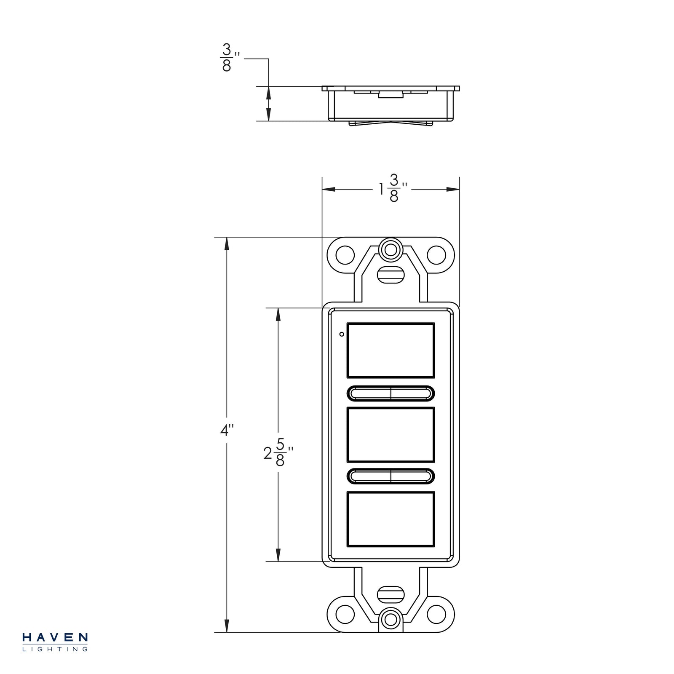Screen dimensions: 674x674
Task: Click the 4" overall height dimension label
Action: (227, 431)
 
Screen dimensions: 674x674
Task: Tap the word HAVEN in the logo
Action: (55, 637)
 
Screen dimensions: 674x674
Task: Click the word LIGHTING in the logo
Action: (55, 650)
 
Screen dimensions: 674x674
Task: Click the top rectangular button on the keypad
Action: (390, 350)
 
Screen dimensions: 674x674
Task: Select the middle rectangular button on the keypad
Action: (390, 435)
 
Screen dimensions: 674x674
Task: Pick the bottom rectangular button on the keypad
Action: (390, 519)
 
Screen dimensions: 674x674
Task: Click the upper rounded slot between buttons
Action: (390, 393)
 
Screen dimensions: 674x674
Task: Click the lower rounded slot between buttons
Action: (390, 476)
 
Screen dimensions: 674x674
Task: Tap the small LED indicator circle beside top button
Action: (342, 334)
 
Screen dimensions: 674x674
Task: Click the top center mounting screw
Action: (390, 250)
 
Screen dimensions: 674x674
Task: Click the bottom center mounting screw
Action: (390, 620)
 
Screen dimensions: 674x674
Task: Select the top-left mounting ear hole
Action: (345, 254)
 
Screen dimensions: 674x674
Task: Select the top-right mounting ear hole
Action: (436, 254)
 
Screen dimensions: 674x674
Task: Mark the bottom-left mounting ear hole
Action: (345, 614)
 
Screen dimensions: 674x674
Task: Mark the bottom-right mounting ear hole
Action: (436, 614)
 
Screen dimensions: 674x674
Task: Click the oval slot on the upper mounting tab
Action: (390, 274)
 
